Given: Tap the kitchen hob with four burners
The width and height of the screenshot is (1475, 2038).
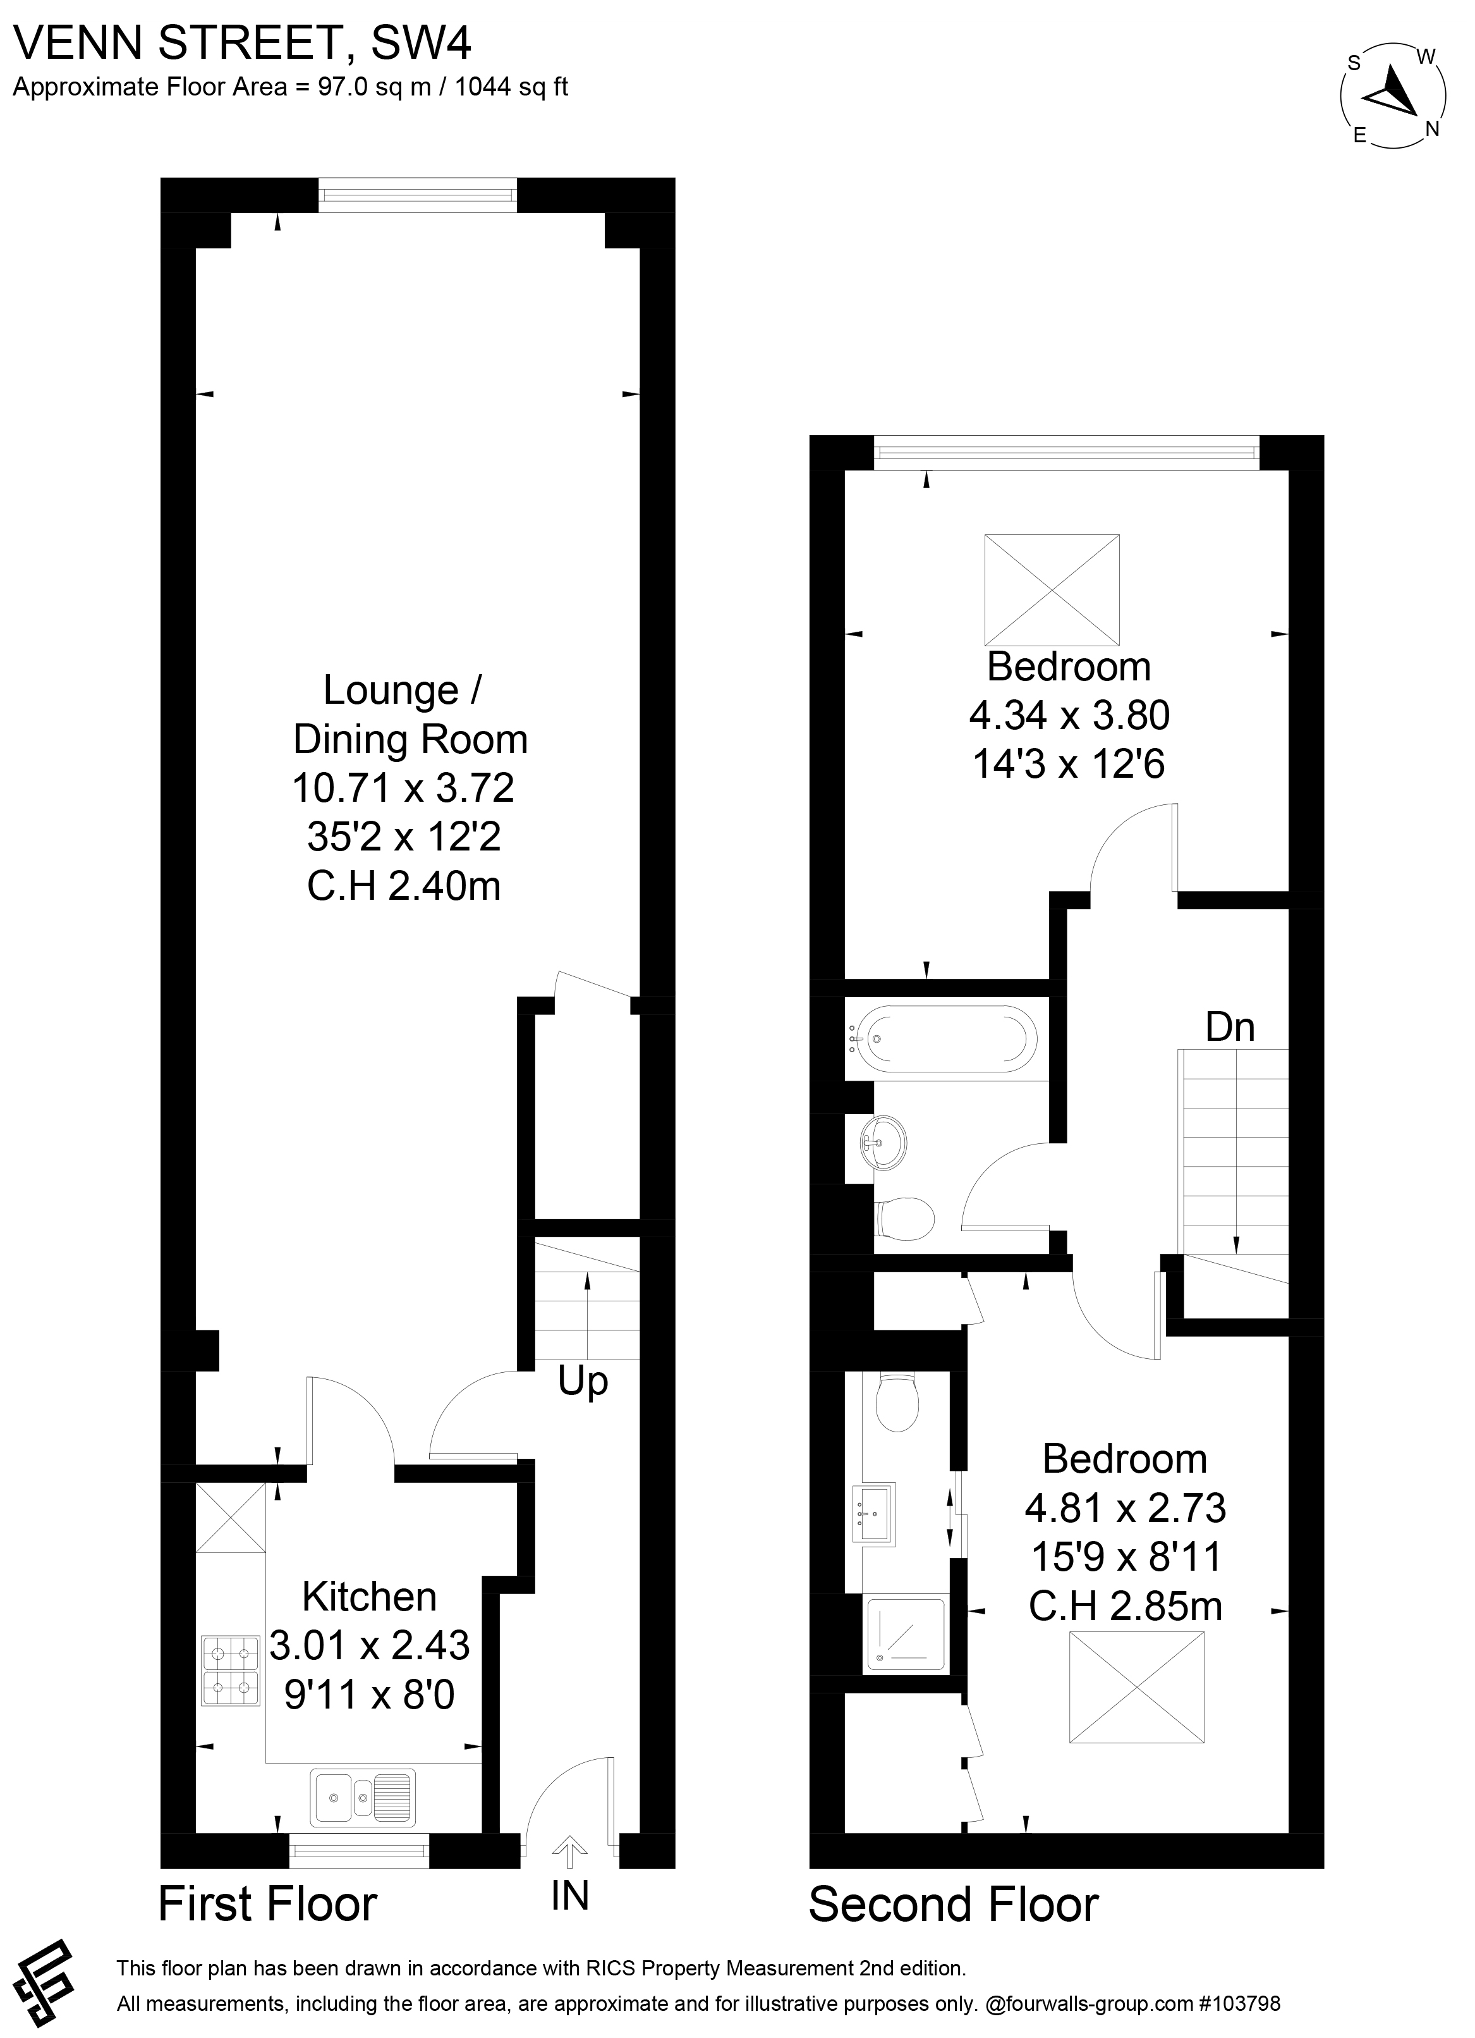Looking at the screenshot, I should tap(230, 1671).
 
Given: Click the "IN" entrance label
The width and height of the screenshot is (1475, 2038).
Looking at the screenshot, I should tap(569, 1895).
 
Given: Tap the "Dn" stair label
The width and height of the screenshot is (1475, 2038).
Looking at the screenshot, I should tap(1229, 1026).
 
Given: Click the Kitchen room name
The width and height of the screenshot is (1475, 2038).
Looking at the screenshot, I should tap(369, 1597).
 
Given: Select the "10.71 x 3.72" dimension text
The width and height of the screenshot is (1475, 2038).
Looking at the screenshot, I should tap(403, 788).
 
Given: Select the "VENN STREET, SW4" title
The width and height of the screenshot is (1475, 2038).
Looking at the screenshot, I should tap(243, 43).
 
